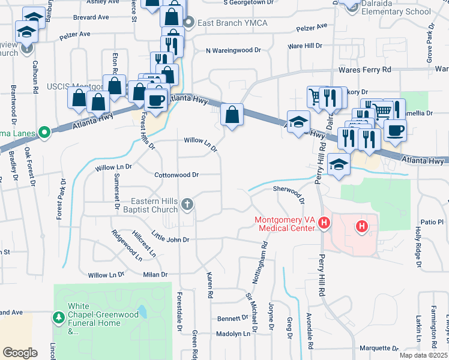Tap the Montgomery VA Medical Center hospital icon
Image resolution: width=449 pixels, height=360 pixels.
(324, 224)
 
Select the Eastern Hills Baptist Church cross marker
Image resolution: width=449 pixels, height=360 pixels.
(187, 205)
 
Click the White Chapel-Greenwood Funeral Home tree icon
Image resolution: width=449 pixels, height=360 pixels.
(59, 316)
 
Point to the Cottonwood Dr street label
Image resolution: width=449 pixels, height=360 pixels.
(176, 175)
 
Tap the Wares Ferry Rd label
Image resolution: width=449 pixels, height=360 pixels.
(364, 70)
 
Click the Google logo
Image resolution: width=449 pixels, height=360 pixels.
(20, 352)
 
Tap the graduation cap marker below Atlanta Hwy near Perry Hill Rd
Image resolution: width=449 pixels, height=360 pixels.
(339, 166)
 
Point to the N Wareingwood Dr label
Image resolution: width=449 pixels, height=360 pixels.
(234, 51)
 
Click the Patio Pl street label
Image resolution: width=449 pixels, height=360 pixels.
(431, 222)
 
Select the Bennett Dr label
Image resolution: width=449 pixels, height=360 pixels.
(228, 318)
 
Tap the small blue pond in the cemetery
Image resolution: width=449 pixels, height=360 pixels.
(142, 313)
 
